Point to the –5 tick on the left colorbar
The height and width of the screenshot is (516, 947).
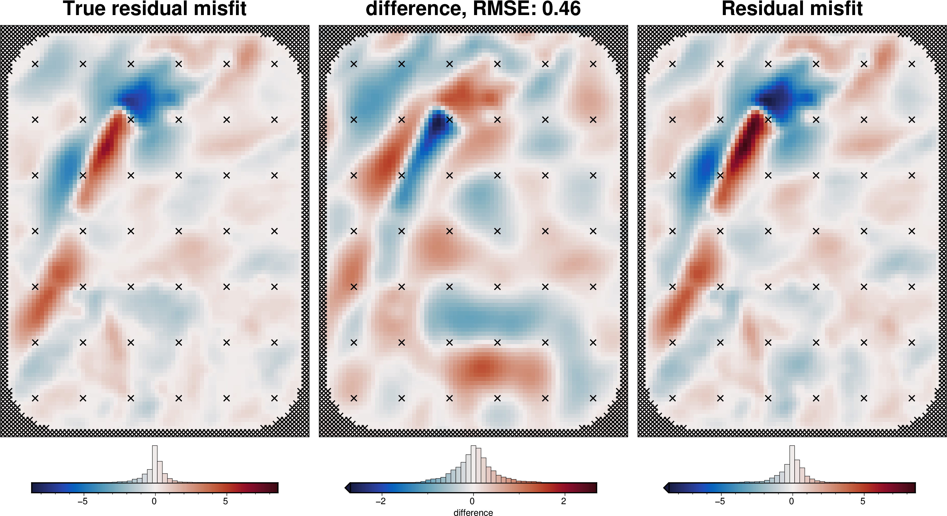83,501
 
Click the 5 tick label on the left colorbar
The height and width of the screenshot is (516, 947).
225,501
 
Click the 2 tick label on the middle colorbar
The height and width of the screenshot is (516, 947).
563,501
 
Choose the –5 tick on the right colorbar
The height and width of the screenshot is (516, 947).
720,501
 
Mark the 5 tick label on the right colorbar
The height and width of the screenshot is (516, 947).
862,501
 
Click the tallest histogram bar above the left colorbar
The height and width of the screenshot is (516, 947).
155,463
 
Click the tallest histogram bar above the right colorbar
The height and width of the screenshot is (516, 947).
792,463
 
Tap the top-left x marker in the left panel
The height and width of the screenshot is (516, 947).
35,64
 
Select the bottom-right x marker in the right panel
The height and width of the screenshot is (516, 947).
912,398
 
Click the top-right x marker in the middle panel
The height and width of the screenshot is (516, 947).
593,64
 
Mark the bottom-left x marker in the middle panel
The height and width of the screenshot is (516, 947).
354,398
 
